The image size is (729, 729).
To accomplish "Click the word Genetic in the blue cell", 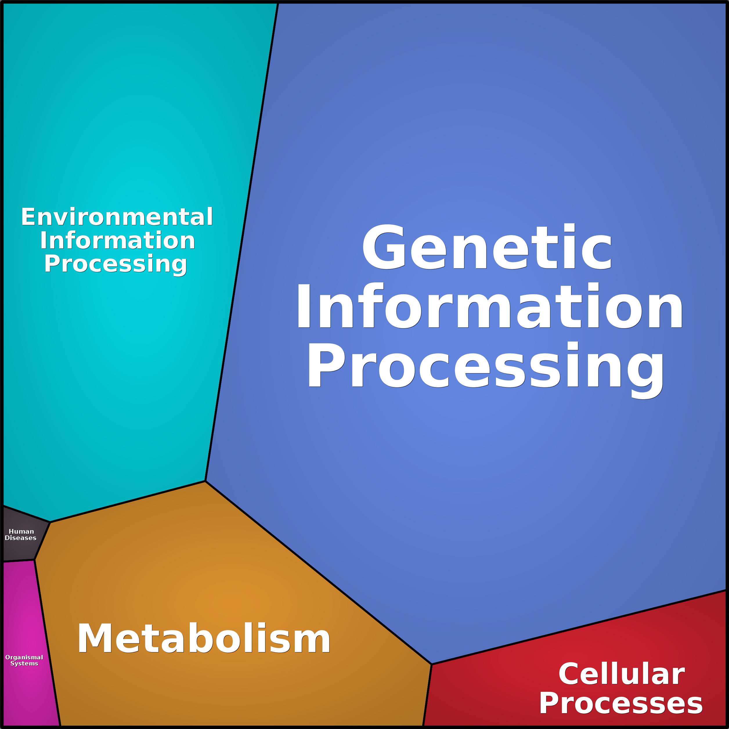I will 487,247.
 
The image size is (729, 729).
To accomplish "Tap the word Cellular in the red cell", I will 621,674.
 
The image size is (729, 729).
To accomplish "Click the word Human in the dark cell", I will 21,532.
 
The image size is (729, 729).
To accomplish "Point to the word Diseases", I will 21,538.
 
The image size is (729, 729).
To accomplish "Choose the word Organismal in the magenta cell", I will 24,657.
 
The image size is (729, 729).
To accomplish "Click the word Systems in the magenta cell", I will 24,663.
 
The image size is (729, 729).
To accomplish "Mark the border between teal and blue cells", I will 241,241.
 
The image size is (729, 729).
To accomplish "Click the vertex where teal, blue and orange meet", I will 205,481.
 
